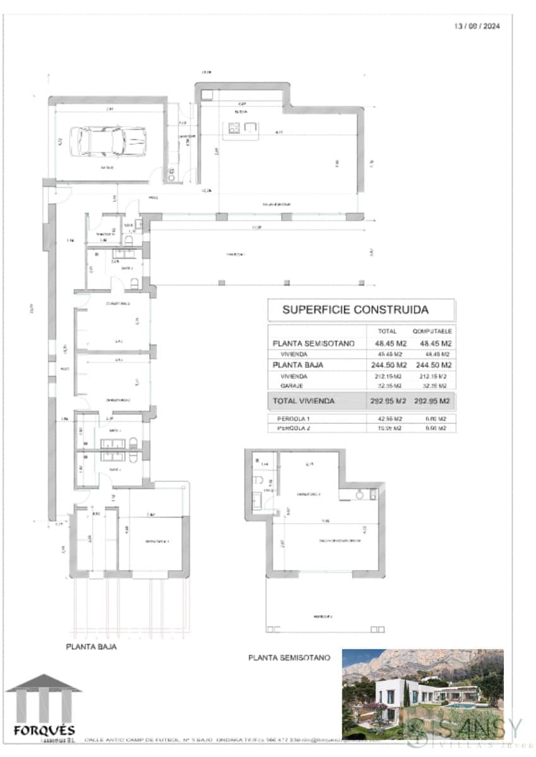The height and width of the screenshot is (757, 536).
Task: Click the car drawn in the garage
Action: [107, 142]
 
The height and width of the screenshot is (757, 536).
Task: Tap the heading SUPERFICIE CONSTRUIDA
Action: [355, 310]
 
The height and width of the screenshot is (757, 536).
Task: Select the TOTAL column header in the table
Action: [386, 331]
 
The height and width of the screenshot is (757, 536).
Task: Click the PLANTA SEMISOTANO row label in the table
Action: [313, 344]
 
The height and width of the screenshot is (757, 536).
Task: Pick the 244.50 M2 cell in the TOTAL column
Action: [387, 365]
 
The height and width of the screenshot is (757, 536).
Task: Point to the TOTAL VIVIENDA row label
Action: [303, 401]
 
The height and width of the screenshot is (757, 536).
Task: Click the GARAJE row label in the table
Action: [292, 385]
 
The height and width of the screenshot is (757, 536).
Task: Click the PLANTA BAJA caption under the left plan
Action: [92, 647]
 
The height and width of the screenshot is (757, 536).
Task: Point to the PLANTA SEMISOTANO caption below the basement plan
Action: [289, 657]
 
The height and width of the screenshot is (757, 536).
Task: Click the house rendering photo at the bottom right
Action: [422, 694]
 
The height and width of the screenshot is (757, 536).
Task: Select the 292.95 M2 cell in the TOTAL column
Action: [387, 401]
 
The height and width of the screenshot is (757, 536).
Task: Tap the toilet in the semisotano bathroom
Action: [259, 481]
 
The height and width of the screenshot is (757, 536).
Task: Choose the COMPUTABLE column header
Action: [432, 331]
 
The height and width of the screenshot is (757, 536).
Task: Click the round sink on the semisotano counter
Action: [360, 495]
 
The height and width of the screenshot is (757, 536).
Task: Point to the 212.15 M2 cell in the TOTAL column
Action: [387, 377]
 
